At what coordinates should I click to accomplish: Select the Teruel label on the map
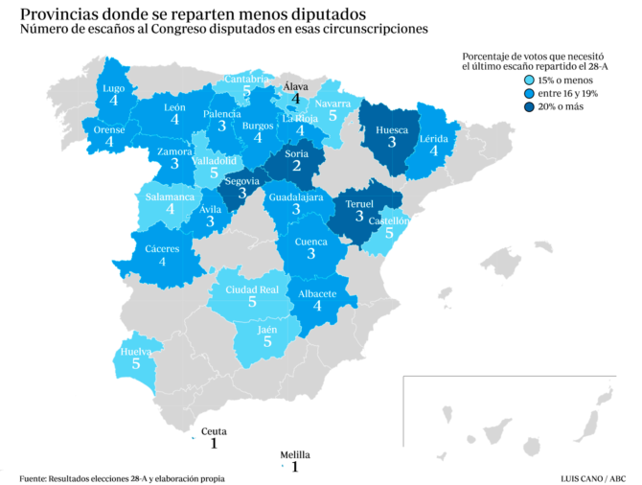click(x=359, y=204)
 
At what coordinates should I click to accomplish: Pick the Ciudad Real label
click(x=252, y=289)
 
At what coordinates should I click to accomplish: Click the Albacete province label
click(x=318, y=293)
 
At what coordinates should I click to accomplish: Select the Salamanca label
click(x=170, y=196)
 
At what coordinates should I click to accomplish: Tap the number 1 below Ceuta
click(x=214, y=444)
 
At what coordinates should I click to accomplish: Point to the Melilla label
click(x=295, y=455)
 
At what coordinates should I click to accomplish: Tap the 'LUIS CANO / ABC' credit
click(x=593, y=477)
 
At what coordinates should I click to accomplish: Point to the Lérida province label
click(x=433, y=138)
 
